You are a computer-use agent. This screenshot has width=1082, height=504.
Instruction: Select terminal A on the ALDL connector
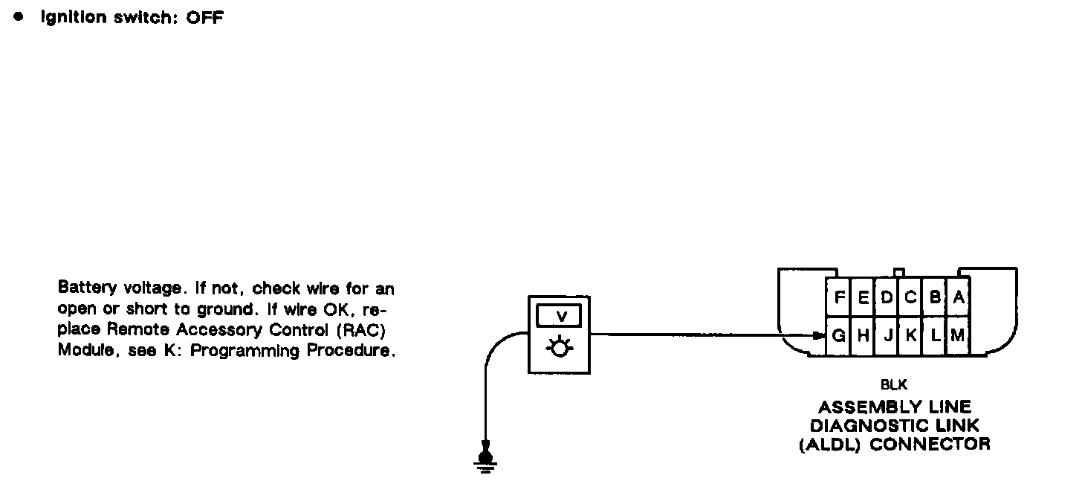coord(959,297)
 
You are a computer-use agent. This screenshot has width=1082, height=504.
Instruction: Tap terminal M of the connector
coord(958,336)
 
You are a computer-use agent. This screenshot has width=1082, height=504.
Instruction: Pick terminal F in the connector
coord(839,297)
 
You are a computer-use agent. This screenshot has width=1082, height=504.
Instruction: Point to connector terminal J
coord(887,336)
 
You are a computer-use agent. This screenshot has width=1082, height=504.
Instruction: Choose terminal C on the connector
coord(910,297)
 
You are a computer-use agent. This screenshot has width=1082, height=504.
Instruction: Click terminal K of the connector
coord(910,336)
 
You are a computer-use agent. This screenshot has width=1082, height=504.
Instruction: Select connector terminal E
coord(864,297)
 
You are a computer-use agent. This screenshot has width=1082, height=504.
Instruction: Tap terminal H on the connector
coord(864,336)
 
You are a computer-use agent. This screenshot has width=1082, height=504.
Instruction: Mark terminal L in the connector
coord(935,336)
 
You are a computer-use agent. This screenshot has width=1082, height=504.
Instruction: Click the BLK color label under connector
coord(893,385)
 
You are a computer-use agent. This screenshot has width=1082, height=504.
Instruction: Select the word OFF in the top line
coord(205,17)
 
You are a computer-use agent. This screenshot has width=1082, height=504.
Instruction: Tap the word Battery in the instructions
coord(82,288)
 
